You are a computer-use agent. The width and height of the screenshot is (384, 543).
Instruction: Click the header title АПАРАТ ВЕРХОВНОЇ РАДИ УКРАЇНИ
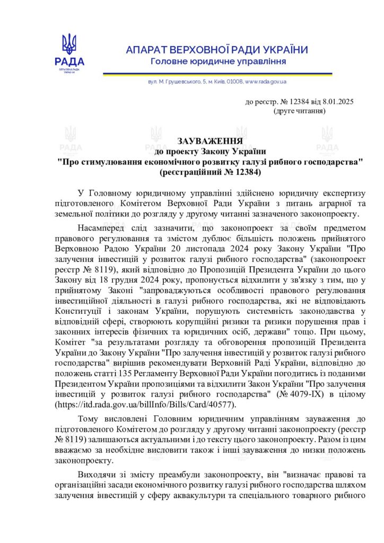pyautogui.click(x=217, y=50)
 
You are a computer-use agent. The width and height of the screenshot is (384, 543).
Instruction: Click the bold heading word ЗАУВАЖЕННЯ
pyautogui.click(x=211, y=142)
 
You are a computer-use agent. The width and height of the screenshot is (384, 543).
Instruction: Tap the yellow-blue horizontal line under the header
pyautogui.click(x=217, y=73)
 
